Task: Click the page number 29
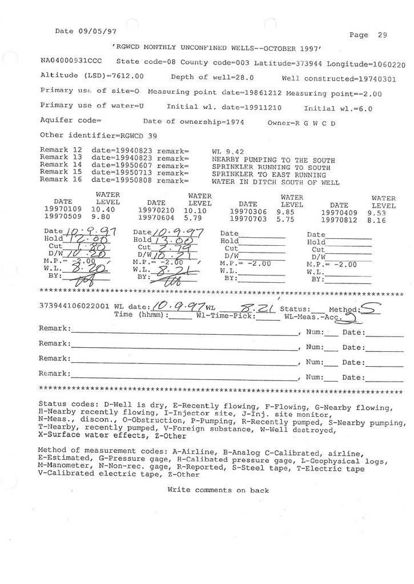click(x=382, y=35)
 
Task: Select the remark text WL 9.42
click(x=224, y=151)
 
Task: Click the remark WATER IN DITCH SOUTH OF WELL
click(x=275, y=183)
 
